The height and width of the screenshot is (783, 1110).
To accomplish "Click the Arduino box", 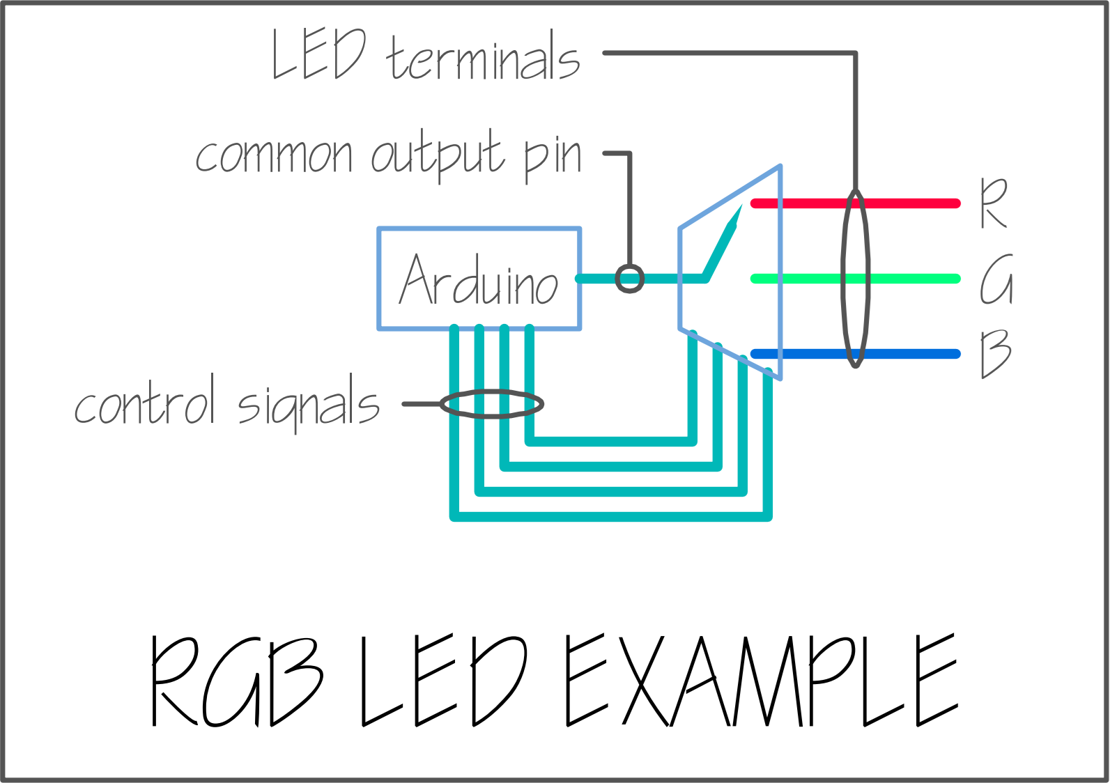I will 479,278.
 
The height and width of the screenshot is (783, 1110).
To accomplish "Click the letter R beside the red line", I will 994,203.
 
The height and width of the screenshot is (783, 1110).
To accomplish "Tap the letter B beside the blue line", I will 996,354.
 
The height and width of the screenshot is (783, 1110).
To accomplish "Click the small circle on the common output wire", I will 630,279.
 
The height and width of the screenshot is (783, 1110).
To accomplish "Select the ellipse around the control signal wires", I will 492,403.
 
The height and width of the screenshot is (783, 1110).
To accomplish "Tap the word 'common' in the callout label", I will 274,154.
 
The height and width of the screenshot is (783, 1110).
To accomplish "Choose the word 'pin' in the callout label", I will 553,156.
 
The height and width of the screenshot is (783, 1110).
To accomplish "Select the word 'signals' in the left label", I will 309,405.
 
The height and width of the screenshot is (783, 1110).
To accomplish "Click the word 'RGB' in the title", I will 237,681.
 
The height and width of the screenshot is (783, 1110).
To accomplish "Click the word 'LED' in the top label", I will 318,54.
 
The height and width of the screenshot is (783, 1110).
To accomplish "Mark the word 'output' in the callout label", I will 438,155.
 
